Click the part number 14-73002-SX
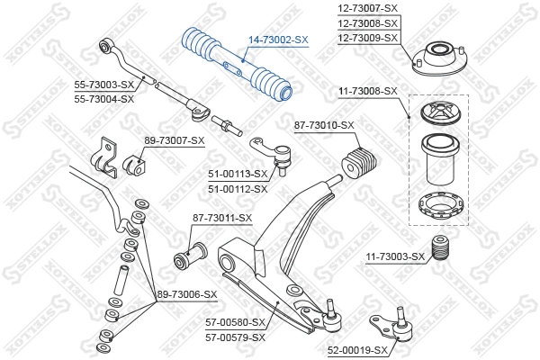click(x=277, y=40)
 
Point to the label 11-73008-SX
click(x=367, y=91)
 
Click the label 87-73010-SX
click(x=324, y=125)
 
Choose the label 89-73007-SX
click(x=175, y=140)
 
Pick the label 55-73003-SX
click(x=103, y=85)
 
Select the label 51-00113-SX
click(x=238, y=174)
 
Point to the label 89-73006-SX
click(x=187, y=294)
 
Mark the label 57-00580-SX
click(x=236, y=322)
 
